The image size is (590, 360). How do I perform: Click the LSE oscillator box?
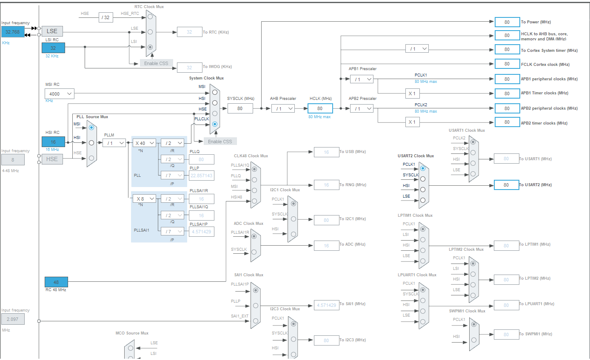(x=52, y=31)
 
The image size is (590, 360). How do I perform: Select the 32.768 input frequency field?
(x=12, y=31)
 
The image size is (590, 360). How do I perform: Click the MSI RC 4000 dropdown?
(x=59, y=94)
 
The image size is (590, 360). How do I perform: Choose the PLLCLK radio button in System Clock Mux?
(x=215, y=124)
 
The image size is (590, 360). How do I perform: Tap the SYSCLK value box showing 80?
(x=240, y=108)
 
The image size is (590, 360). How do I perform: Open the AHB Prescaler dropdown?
(x=283, y=108)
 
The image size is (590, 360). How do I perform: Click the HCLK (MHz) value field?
(x=320, y=108)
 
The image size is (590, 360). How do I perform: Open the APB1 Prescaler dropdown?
(x=362, y=79)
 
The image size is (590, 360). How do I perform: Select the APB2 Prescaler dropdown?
(x=362, y=108)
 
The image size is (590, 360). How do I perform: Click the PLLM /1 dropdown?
(x=114, y=143)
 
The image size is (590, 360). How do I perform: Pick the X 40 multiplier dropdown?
(x=144, y=143)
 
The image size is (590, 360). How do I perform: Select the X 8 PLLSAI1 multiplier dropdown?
(x=144, y=198)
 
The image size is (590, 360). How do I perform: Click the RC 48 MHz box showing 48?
(x=56, y=282)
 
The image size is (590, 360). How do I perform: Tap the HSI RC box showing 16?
(x=53, y=142)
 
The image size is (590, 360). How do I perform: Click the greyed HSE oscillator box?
(x=52, y=159)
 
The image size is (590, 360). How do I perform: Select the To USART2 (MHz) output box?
(x=506, y=185)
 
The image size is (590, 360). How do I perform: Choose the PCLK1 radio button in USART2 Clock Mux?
(x=422, y=168)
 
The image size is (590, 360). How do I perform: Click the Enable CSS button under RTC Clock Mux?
(x=157, y=63)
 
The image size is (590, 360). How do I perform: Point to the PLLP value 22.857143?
(x=201, y=176)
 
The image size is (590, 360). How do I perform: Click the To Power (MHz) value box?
(x=507, y=22)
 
